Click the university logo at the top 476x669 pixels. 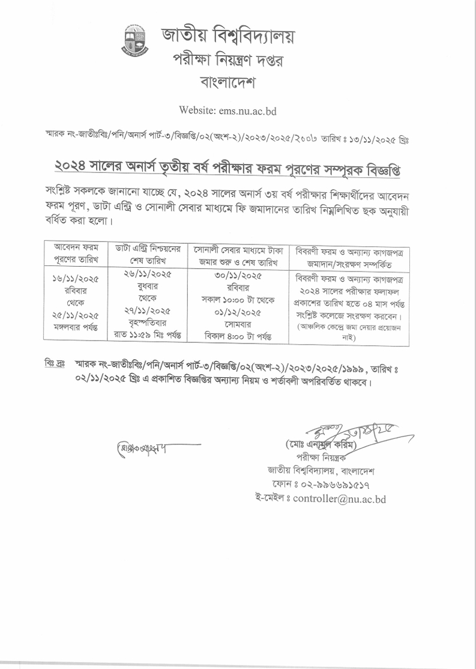[x=136, y=40]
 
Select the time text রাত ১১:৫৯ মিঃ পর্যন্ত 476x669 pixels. [x=148, y=334]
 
